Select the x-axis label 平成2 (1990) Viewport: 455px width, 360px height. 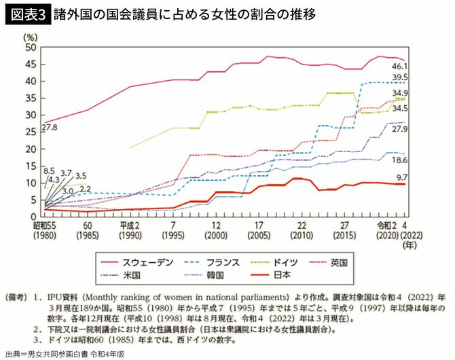pos(128,230)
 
